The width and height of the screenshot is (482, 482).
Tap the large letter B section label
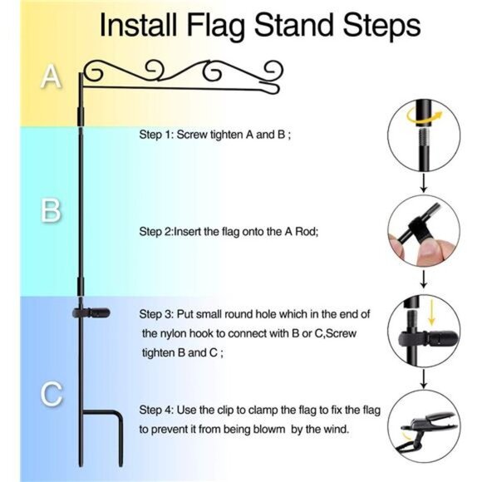point(52,211)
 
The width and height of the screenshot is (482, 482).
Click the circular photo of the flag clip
point(425,427)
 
